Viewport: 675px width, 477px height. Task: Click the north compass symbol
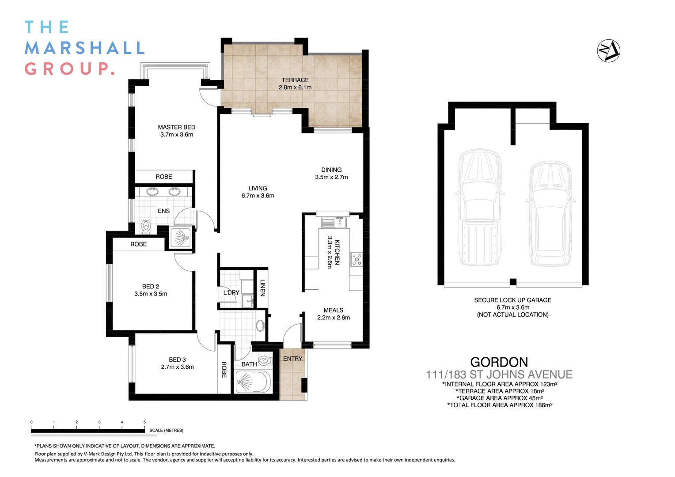(608, 51)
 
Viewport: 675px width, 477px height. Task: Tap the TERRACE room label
(295, 80)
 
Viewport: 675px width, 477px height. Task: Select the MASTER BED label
(176, 127)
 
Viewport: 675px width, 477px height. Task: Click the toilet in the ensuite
(146, 227)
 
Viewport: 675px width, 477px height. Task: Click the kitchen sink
(334, 223)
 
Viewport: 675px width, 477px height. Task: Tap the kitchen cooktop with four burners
(356, 259)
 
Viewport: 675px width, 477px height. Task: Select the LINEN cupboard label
(262, 288)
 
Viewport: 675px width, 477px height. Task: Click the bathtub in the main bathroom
(253, 382)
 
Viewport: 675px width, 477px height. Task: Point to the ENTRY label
(292, 359)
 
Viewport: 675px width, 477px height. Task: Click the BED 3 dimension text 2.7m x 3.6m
(177, 367)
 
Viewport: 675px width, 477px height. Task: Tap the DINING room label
(331, 170)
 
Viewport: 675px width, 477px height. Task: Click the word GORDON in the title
(499, 362)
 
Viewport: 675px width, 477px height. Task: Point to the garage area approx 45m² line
(499, 398)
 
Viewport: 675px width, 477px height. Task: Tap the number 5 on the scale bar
(144, 422)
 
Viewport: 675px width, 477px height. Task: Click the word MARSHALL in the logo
(84, 48)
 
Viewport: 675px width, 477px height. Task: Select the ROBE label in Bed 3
(224, 370)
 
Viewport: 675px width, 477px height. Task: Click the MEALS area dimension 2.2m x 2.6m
(333, 318)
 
